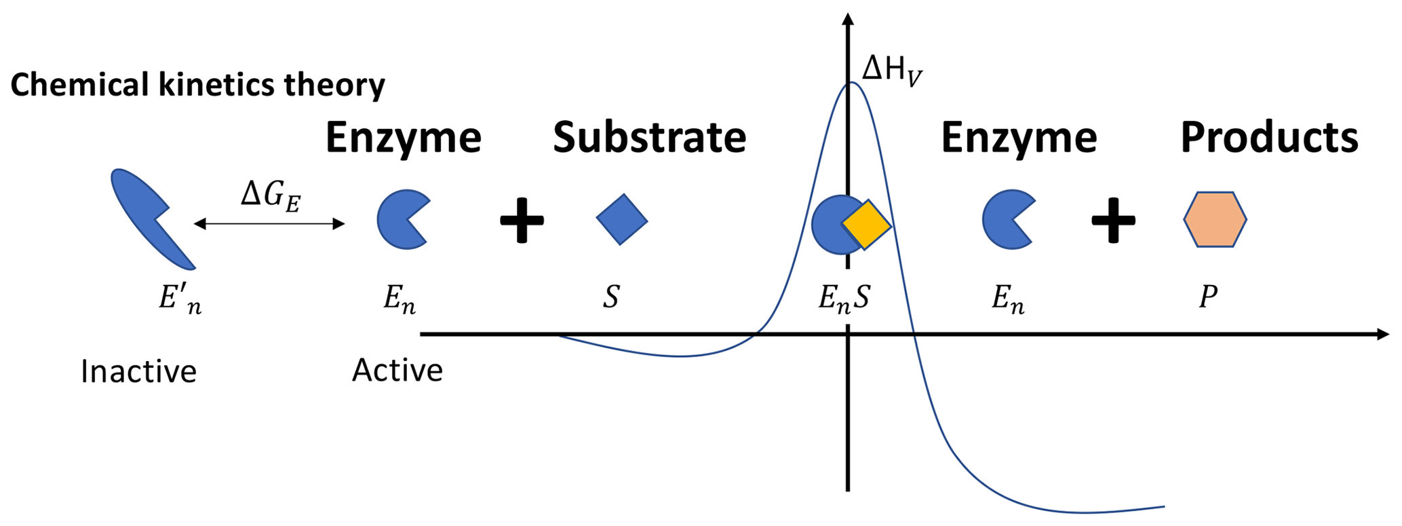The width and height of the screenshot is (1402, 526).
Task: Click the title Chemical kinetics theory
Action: coord(197,86)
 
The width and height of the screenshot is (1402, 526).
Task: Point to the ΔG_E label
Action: coord(271,198)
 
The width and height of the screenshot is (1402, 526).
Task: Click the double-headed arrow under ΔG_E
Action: coord(269,224)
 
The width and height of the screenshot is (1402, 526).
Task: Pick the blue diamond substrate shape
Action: coord(622,219)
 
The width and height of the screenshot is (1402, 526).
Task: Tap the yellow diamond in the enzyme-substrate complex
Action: coord(866,225)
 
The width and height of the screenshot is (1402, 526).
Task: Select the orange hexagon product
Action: coord(1215,219)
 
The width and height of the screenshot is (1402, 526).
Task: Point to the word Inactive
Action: coord(138,372)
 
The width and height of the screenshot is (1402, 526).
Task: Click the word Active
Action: coord(397,371)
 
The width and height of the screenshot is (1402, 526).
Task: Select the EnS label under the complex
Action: coord(844,299)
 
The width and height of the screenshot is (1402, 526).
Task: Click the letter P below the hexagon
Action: coord(1208,297)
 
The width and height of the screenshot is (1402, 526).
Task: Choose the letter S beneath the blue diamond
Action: coord(611,297)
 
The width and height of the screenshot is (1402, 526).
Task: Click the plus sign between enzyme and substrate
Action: coord(522,220)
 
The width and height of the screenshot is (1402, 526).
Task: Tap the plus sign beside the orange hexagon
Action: coord(1113,220)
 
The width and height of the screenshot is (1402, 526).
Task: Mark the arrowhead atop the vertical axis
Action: coord(847,18)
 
